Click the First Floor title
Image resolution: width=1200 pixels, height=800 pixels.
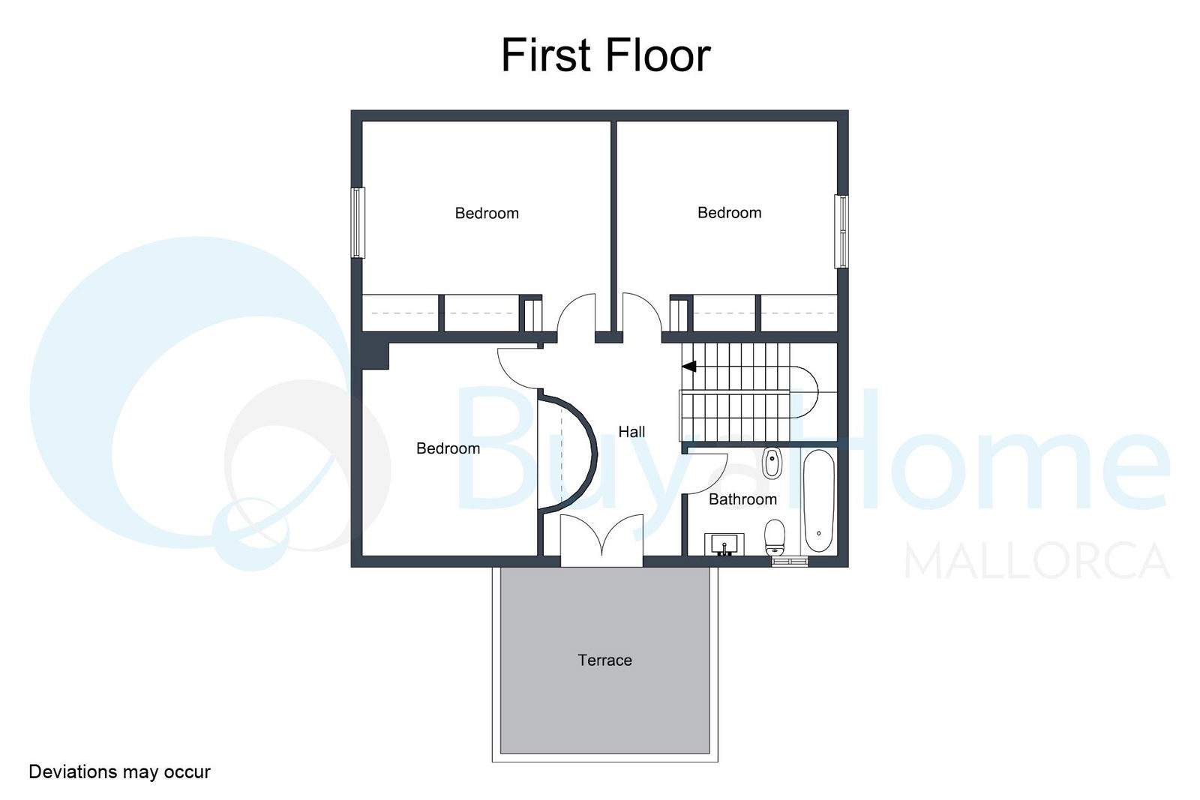pyautogui.click(x=605, y=55)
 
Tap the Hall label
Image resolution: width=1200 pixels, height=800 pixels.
pyautogui.click(x=631, y=432)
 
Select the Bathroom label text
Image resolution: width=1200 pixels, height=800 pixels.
pyautogui.click(x=742, y=499)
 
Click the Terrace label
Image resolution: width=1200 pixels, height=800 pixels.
pyautogui.click(x=604, y=660)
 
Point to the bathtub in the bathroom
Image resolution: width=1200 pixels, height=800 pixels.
pyautogui.click(x=819, y=501)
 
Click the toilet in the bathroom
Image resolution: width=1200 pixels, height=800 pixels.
pyautogui.click(x=775, y=537)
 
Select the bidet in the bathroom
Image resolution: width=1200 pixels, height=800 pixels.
pyautogui.click(x=772, y=463)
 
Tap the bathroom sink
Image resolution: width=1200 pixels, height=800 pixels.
pyautogui.click(x=724, y=544)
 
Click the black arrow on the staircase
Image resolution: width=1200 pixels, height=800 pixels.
pyautogui.click(x=689, y=367)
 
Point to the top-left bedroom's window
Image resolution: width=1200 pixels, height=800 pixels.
pyautogui.click(x=358, y=222)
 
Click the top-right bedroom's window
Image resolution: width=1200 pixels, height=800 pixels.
pyautogui.click(x=841, y=232)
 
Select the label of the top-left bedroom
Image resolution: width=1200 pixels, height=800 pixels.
pyautogui.click(x=487, y=213)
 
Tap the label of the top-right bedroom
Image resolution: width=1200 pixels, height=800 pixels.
pyautogui.click(x=730, y=213)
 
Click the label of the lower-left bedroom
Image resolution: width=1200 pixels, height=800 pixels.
pyautogui.click(x=448, y=448)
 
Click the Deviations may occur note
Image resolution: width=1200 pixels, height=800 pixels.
pyautogui.click(x=119, y=772)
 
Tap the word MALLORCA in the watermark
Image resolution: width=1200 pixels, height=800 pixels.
pyautogui.click(x=1037, y=561)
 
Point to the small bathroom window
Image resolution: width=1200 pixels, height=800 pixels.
pyautogui.click(x=790, y=561)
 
